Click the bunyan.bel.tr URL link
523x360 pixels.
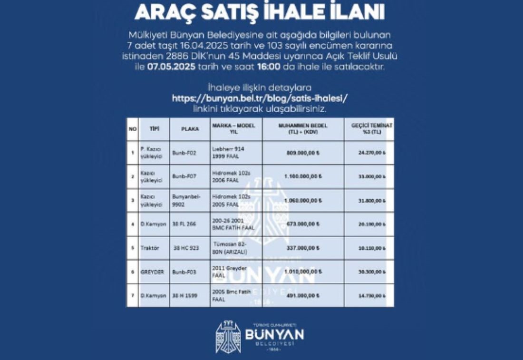click(261, 98)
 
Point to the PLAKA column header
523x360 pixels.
click(187, 129)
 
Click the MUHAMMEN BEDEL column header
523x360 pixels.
click(303, 128)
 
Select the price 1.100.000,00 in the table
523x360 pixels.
click(303, 176)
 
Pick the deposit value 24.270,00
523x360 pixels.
click(371, 153)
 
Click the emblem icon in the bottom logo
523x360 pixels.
click(228, 337)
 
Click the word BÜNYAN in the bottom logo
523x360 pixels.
click(274, 334)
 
